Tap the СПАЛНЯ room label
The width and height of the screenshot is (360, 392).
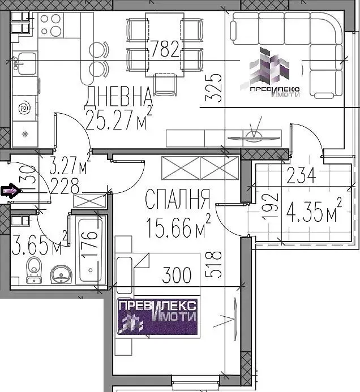[177, 199]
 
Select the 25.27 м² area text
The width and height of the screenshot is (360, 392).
[118, 119]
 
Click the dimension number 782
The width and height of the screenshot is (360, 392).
[164, 50]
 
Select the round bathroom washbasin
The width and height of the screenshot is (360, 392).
[60, 275]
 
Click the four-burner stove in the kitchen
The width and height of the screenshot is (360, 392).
[51, 23]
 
